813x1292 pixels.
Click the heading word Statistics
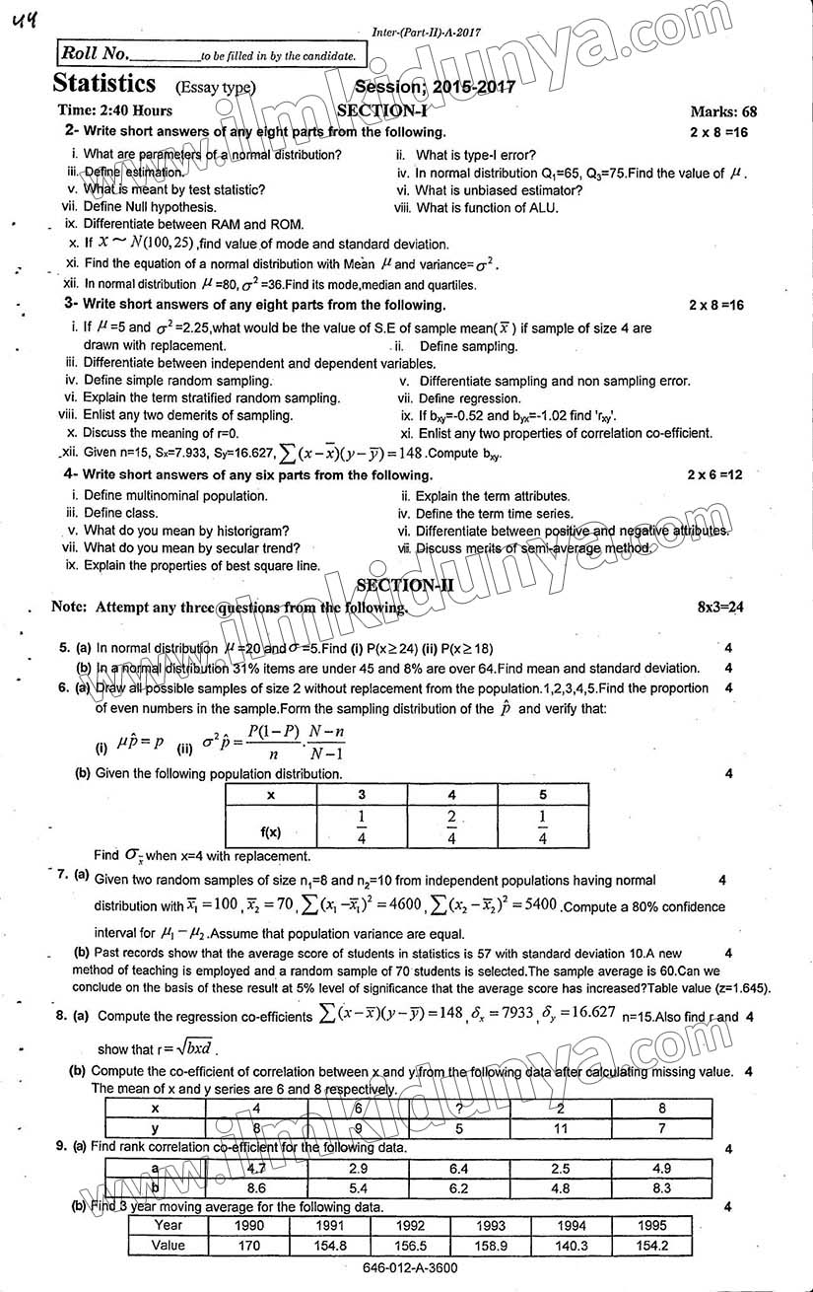click(104, 84)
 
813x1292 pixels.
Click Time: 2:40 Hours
click(114, 110)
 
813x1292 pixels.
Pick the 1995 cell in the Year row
click(651, 1225)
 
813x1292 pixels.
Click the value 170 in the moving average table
click(249, 1246)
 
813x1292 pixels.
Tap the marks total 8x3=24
click(719, 608)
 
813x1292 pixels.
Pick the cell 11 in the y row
click(561, 1128)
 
